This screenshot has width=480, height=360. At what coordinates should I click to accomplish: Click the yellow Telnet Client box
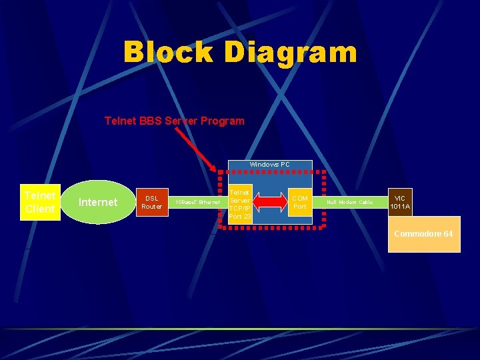point(40,202)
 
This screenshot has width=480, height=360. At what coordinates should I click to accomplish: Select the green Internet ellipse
point(97,202)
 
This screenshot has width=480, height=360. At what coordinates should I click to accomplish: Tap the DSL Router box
point(151,202)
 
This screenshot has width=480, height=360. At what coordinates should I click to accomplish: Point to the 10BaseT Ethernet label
point(197,202)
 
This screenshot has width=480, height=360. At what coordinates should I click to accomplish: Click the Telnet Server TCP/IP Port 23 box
point(240,203)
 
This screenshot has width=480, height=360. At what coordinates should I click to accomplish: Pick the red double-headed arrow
point(270,202)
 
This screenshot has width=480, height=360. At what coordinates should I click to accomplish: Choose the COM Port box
point(300,202)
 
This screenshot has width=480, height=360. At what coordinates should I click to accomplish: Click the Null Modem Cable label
point(349,202)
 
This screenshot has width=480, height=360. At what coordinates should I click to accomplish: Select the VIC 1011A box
point(400,202)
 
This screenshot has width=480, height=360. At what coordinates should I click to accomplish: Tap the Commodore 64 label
point(424,234)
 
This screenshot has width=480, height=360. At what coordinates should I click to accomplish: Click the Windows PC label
point(269,164)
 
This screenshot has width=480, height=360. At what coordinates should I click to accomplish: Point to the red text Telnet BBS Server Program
point(175,121)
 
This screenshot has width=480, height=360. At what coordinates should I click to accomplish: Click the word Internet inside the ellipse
point(97,202)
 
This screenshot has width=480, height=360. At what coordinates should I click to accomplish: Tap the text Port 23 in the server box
point(240,216)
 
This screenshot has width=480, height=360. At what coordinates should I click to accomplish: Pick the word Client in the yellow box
point(40,209)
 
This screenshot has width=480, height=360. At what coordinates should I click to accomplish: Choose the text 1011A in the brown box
point(400,207)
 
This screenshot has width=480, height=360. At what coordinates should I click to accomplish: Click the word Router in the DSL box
point(151,207)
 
